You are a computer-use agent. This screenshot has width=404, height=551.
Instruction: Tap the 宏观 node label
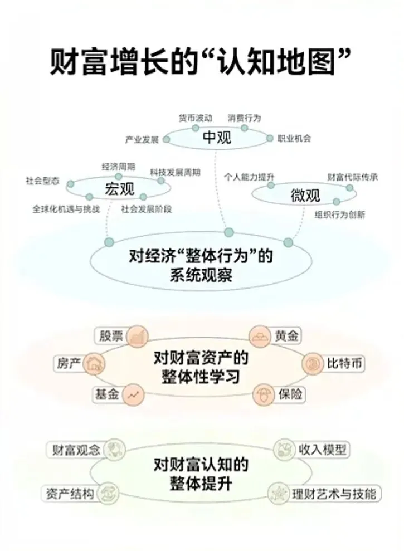[x=120, y=189]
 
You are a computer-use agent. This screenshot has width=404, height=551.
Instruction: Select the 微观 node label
[x=305, y=195]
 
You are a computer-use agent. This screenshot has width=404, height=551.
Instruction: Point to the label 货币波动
[x=195, y=118]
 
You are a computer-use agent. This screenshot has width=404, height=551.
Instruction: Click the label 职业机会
[x=294, y=139]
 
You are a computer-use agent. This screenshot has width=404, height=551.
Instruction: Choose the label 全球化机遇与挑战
[x=66, y=209]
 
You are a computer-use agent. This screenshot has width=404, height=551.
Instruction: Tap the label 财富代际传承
[x=353, y=177]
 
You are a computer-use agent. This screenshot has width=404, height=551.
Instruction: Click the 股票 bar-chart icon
[x=137, y=336]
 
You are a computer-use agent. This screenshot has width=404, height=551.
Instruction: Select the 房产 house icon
[x=95, y=364]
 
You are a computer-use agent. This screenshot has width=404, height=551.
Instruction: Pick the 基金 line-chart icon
[x=134, y=394]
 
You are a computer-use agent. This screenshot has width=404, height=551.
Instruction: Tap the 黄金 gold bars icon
[x=260, y=336]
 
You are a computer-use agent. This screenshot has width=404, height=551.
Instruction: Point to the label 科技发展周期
[x=175, y=172]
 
